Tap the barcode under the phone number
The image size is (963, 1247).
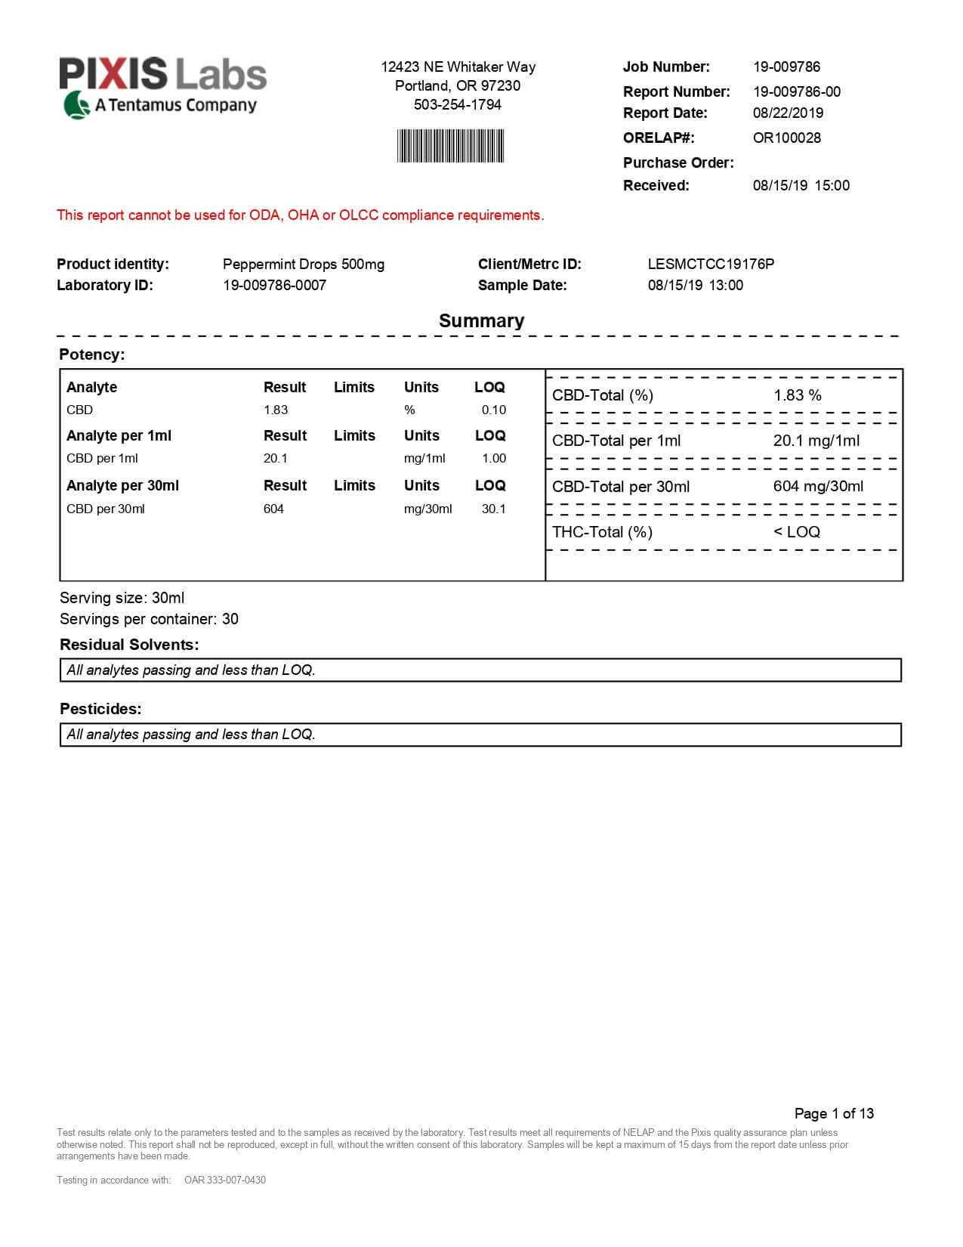coord(450,146)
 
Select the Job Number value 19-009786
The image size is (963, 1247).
coord(786,67)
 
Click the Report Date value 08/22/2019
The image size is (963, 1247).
coord(788,113)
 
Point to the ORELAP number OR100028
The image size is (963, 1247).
coord(786,138)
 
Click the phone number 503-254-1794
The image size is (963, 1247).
coord(457,104)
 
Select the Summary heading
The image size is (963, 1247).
coord(481,320)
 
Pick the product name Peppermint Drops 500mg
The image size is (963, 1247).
coord(303,264)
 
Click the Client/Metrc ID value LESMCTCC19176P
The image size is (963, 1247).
coord(711,264)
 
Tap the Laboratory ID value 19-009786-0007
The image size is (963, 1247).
coord(274,285)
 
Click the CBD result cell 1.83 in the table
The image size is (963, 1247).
coord(276,410)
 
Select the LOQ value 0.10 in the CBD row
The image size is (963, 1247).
coord(493,410)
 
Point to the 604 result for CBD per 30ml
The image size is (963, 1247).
coord(273,509)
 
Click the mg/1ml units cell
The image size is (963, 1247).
coord(424,458)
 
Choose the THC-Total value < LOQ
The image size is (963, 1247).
coord(796,531)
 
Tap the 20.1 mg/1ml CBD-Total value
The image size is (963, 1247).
coord(816,441)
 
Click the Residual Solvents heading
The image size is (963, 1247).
coord(129,645)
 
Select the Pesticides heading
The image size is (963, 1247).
coord(100,709)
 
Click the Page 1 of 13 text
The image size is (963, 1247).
coord(834,1113)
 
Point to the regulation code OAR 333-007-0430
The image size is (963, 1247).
coord(225,1180)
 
